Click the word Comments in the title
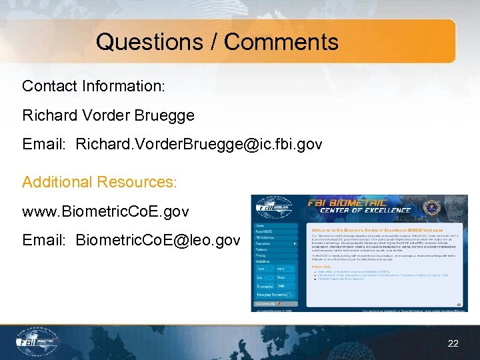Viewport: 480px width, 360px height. [x=281, y=41]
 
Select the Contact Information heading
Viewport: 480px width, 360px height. [x=93, y=86]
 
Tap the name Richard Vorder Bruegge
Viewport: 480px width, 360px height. [x=108, y=115]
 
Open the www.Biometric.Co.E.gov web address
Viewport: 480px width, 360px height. [x=105, y=212]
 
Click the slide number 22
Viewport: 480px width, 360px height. [x=453, y=343]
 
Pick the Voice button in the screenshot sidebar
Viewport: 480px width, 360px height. [x=281, y=277]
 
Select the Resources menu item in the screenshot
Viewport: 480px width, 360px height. [x=264, y=243]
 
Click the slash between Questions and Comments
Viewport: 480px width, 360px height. [x=215, y=41]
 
